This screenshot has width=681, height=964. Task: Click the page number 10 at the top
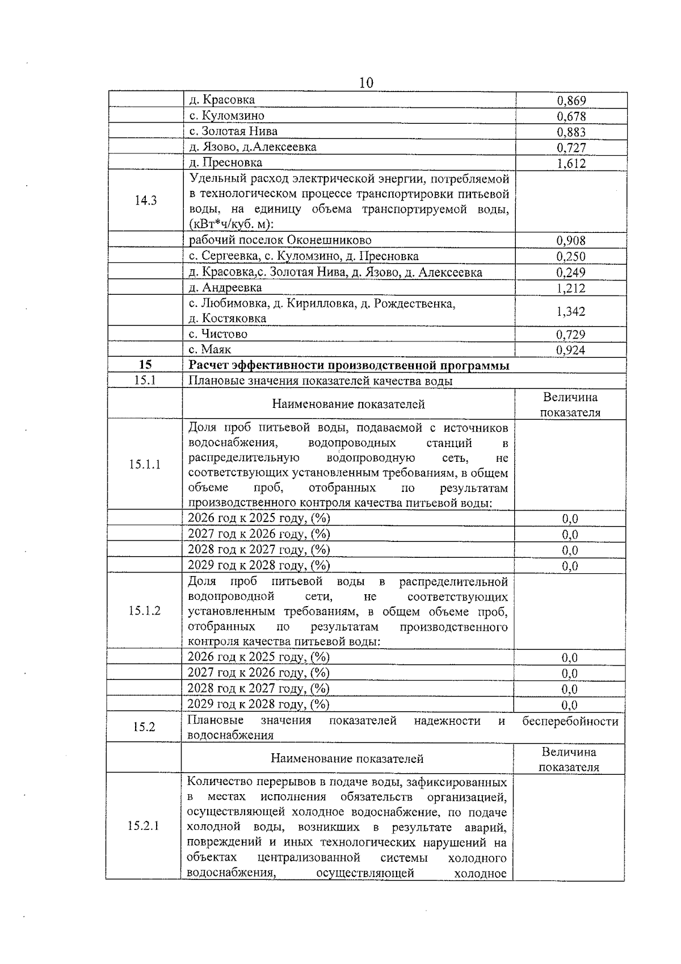click(366, 83)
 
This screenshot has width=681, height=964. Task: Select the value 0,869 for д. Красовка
click(571, 101)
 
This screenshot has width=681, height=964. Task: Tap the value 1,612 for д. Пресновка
click(571, 164)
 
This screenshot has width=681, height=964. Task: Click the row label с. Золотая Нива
click(233, 131)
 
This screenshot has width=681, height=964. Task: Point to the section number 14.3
click(145, 201)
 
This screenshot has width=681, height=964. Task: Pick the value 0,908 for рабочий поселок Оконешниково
click(571, 240)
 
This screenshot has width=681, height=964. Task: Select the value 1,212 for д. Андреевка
click(571, 288)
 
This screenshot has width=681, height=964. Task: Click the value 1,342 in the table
click(571, 311)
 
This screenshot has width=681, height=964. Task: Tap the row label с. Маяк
click(210, 349)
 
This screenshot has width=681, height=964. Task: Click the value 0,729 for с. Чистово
click(571, 335)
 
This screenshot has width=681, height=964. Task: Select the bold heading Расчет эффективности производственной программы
click(348, 365)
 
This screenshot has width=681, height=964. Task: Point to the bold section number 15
click(145, 365)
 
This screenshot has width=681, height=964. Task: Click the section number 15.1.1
click(145, 464)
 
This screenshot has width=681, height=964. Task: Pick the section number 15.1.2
click(145, 611)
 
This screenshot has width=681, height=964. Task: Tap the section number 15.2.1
click(144, 826)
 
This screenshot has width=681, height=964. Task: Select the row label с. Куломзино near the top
click(226, 116)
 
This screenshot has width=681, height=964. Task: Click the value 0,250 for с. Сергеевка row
click(571, 256)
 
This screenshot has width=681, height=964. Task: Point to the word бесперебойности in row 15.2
click(570, 721)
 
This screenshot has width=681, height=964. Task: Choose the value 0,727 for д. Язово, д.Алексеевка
click(571, 148)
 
